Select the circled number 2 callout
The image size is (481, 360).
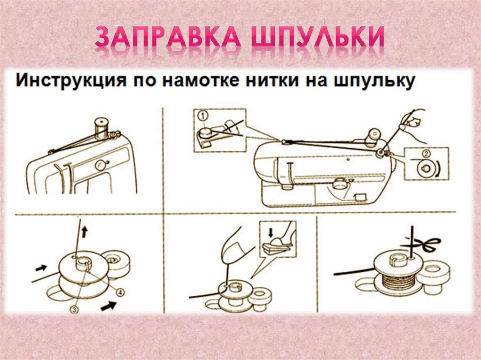pos(425,153)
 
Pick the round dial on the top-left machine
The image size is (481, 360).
pos(100,165)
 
